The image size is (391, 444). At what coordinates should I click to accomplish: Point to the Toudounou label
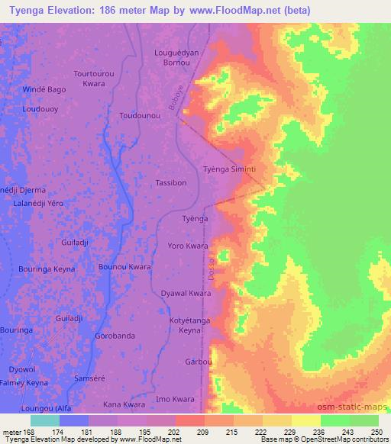click(141, 115)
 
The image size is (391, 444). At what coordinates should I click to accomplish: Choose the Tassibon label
click(171, 183)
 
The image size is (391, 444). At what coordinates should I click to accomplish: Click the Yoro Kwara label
click(189, 246)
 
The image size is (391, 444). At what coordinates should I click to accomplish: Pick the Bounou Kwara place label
click(124, 267)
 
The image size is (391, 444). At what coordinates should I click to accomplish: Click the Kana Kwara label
click(124, 404)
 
